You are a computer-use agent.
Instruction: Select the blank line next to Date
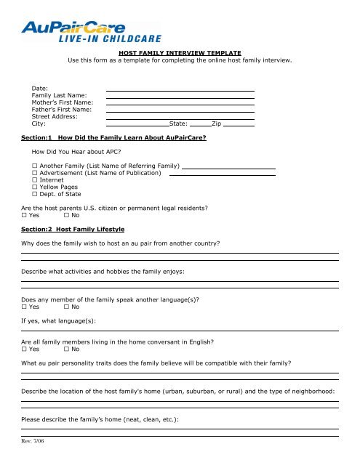coord(180,89)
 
